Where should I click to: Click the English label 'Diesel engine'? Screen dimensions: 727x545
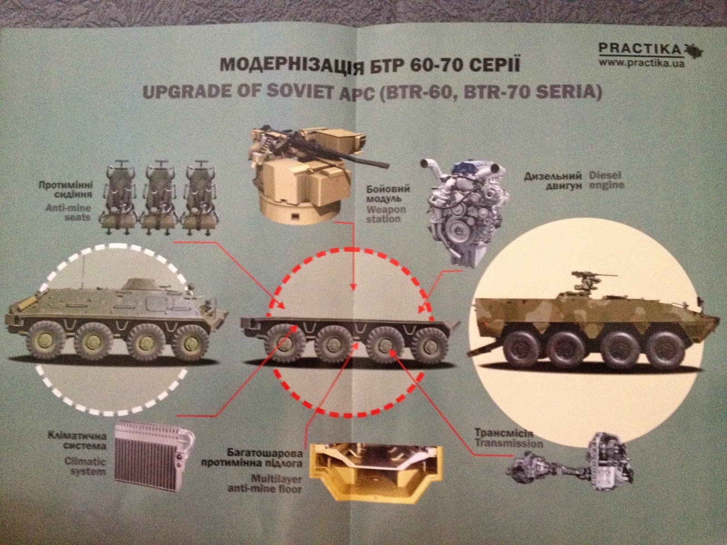[x=606, y=180]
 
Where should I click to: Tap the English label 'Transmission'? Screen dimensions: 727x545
[x=509, y=443]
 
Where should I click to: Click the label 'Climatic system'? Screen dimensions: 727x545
[x=88, y=466]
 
